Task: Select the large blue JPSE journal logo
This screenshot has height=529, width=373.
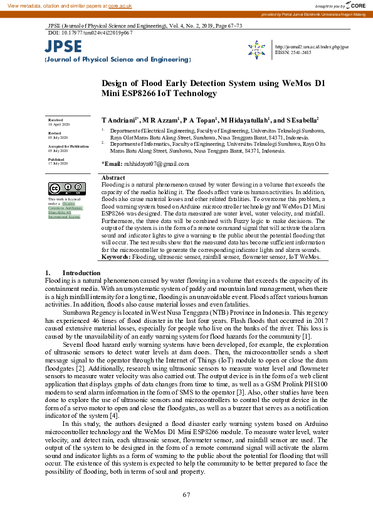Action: point(63,46)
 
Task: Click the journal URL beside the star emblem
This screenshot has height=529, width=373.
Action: point(312,47)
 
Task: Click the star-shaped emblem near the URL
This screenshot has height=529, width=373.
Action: point(257,49)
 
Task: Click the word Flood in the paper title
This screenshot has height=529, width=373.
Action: point(142,83)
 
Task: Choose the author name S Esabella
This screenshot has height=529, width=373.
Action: point(304,119)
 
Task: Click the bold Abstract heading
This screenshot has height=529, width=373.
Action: point(113,178)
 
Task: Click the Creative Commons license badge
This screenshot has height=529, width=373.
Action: point(62,188)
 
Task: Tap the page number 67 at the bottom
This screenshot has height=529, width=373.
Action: point(186,495)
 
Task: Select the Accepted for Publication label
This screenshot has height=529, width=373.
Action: point(68,146)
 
